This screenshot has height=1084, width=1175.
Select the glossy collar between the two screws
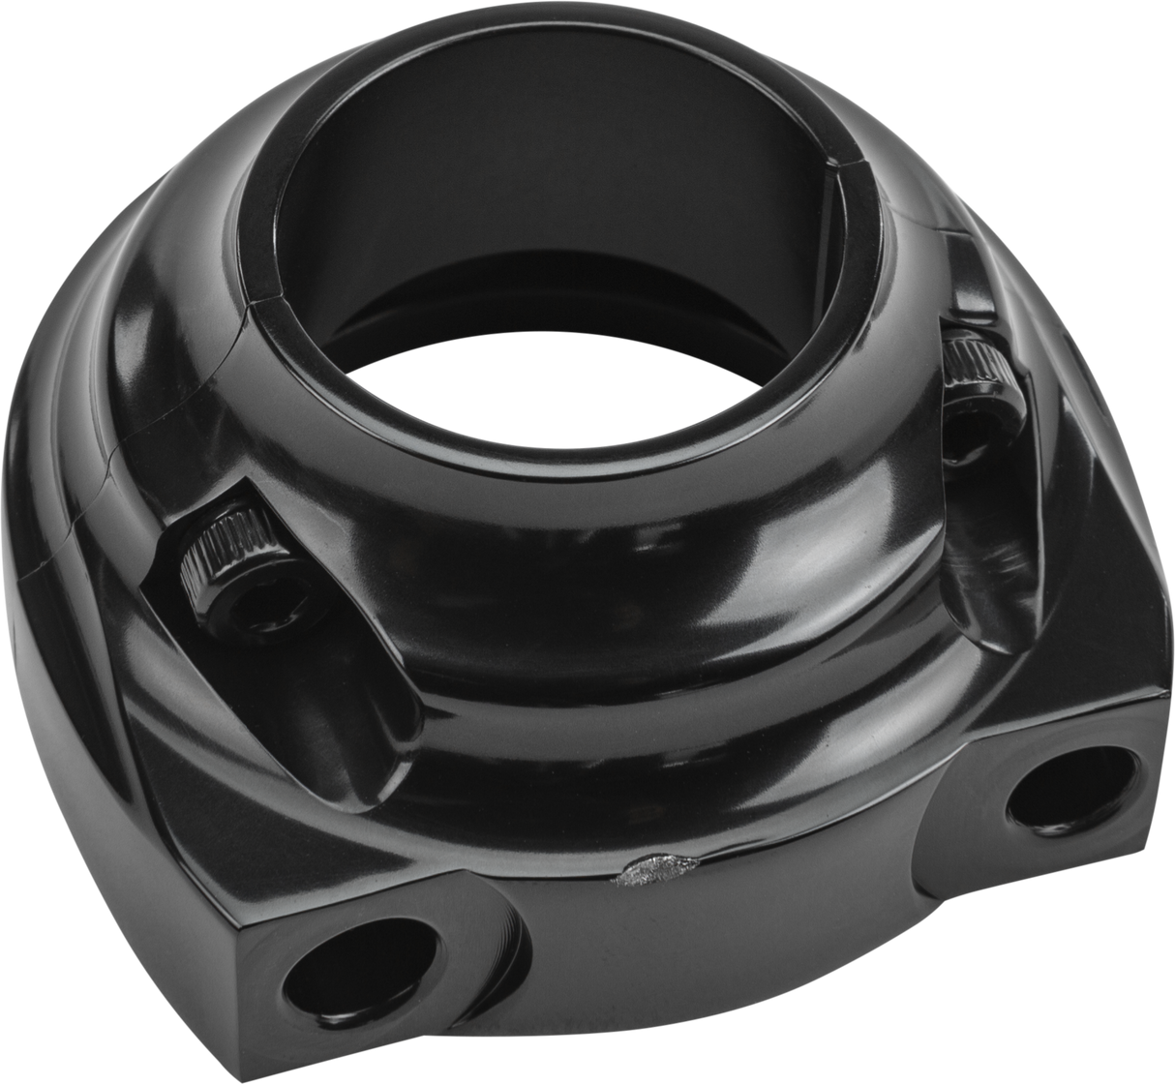[x=600, y=542]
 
